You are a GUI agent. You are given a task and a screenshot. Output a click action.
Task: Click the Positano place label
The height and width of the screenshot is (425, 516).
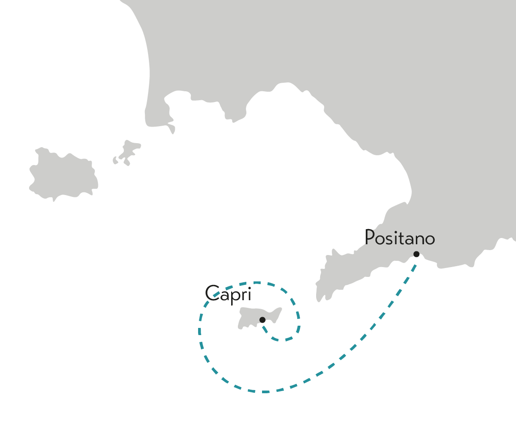(400, 237)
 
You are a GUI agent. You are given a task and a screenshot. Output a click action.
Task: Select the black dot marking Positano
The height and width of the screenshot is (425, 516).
(416, 254)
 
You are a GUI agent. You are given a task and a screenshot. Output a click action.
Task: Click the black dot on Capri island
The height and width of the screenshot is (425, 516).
(262, 319)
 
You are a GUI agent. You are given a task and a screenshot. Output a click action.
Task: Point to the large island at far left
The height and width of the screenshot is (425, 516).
(63, 174)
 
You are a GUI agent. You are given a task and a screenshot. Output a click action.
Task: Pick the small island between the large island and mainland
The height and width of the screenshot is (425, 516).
(128, 151)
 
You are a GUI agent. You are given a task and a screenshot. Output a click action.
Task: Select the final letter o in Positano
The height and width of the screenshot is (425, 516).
(430, 239)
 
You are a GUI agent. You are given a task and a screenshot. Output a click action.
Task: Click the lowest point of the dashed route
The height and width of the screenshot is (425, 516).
(265, 392)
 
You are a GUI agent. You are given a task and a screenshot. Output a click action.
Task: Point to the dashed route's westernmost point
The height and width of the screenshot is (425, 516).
(199, 331)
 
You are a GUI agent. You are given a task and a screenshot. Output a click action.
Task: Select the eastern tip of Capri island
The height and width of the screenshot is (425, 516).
(281, 309)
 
